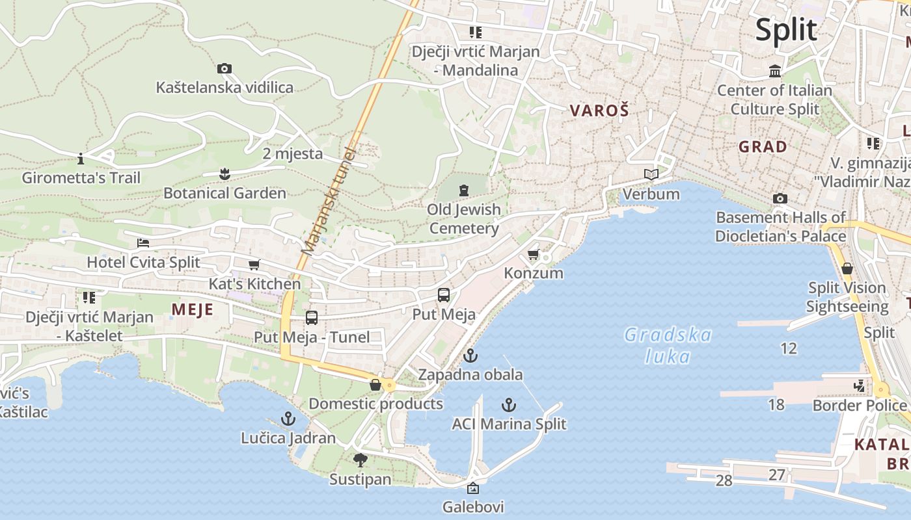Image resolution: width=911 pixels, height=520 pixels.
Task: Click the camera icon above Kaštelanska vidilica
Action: [x=224, y=68]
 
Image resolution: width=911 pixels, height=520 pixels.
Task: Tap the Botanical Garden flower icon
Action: [x=224, y=174]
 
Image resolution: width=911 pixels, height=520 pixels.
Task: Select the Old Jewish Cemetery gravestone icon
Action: [x=463, y=190]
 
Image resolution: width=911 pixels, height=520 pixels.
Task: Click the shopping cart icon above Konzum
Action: [x=534, y=254]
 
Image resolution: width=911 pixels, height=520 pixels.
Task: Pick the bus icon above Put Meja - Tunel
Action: [x=312, y=318]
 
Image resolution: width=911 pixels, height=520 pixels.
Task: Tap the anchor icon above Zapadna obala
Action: [x=470, y=356]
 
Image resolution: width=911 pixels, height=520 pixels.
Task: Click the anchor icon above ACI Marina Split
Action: [x=509, y=406]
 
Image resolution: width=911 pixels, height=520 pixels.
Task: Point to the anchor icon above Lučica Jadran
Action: [x=288, y=419]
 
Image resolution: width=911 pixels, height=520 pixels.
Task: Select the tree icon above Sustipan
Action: [x=360, y=460]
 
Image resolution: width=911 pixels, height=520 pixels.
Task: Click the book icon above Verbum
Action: [x=651, y=174]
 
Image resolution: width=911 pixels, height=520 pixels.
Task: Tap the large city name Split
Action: [x=786, y=30]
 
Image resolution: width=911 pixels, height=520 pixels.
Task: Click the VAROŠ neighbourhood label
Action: [x=599, y=110]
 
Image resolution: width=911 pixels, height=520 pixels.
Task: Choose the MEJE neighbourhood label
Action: [x=193, y=309]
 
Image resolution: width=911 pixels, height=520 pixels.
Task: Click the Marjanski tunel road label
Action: [x=329, y=201]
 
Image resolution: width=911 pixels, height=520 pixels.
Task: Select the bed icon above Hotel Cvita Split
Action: [x=143, y=243]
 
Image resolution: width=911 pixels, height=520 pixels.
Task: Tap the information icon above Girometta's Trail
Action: [x=81, y=159]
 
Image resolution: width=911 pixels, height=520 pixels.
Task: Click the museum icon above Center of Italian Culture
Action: [x=775, y=71]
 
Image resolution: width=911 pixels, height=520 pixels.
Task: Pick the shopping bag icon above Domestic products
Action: [x=375, y=385]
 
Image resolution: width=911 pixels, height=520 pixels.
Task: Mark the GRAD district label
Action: [x=763, y=147]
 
